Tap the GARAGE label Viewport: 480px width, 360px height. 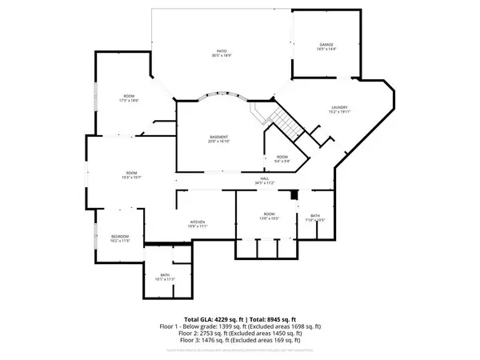(326, 45)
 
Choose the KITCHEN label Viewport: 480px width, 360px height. (198, 222)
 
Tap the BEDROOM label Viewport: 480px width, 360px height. (119, 236)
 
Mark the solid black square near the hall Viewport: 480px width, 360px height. (294, 194)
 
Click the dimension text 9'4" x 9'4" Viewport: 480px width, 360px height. (282, 161)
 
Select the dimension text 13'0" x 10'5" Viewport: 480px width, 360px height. (270, 218)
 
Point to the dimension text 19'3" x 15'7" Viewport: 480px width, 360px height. (130, 177)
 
